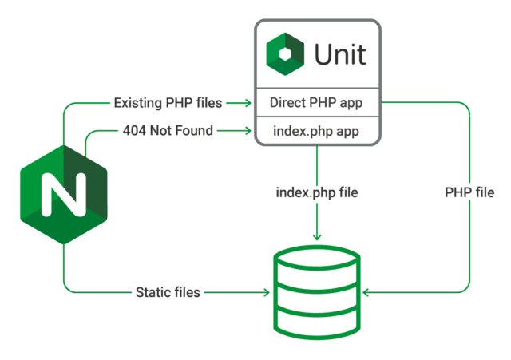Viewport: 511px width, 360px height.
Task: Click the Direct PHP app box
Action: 317,103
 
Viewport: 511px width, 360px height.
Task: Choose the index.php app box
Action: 317,131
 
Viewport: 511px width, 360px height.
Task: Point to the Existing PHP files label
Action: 168,103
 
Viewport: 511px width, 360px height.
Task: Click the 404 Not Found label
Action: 168,131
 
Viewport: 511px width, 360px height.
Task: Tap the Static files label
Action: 168,293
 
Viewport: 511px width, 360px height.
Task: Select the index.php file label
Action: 317,193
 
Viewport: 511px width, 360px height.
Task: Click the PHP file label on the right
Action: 469,193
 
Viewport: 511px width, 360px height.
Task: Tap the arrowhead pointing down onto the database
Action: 317,237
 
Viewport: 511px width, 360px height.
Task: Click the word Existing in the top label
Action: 137,103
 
